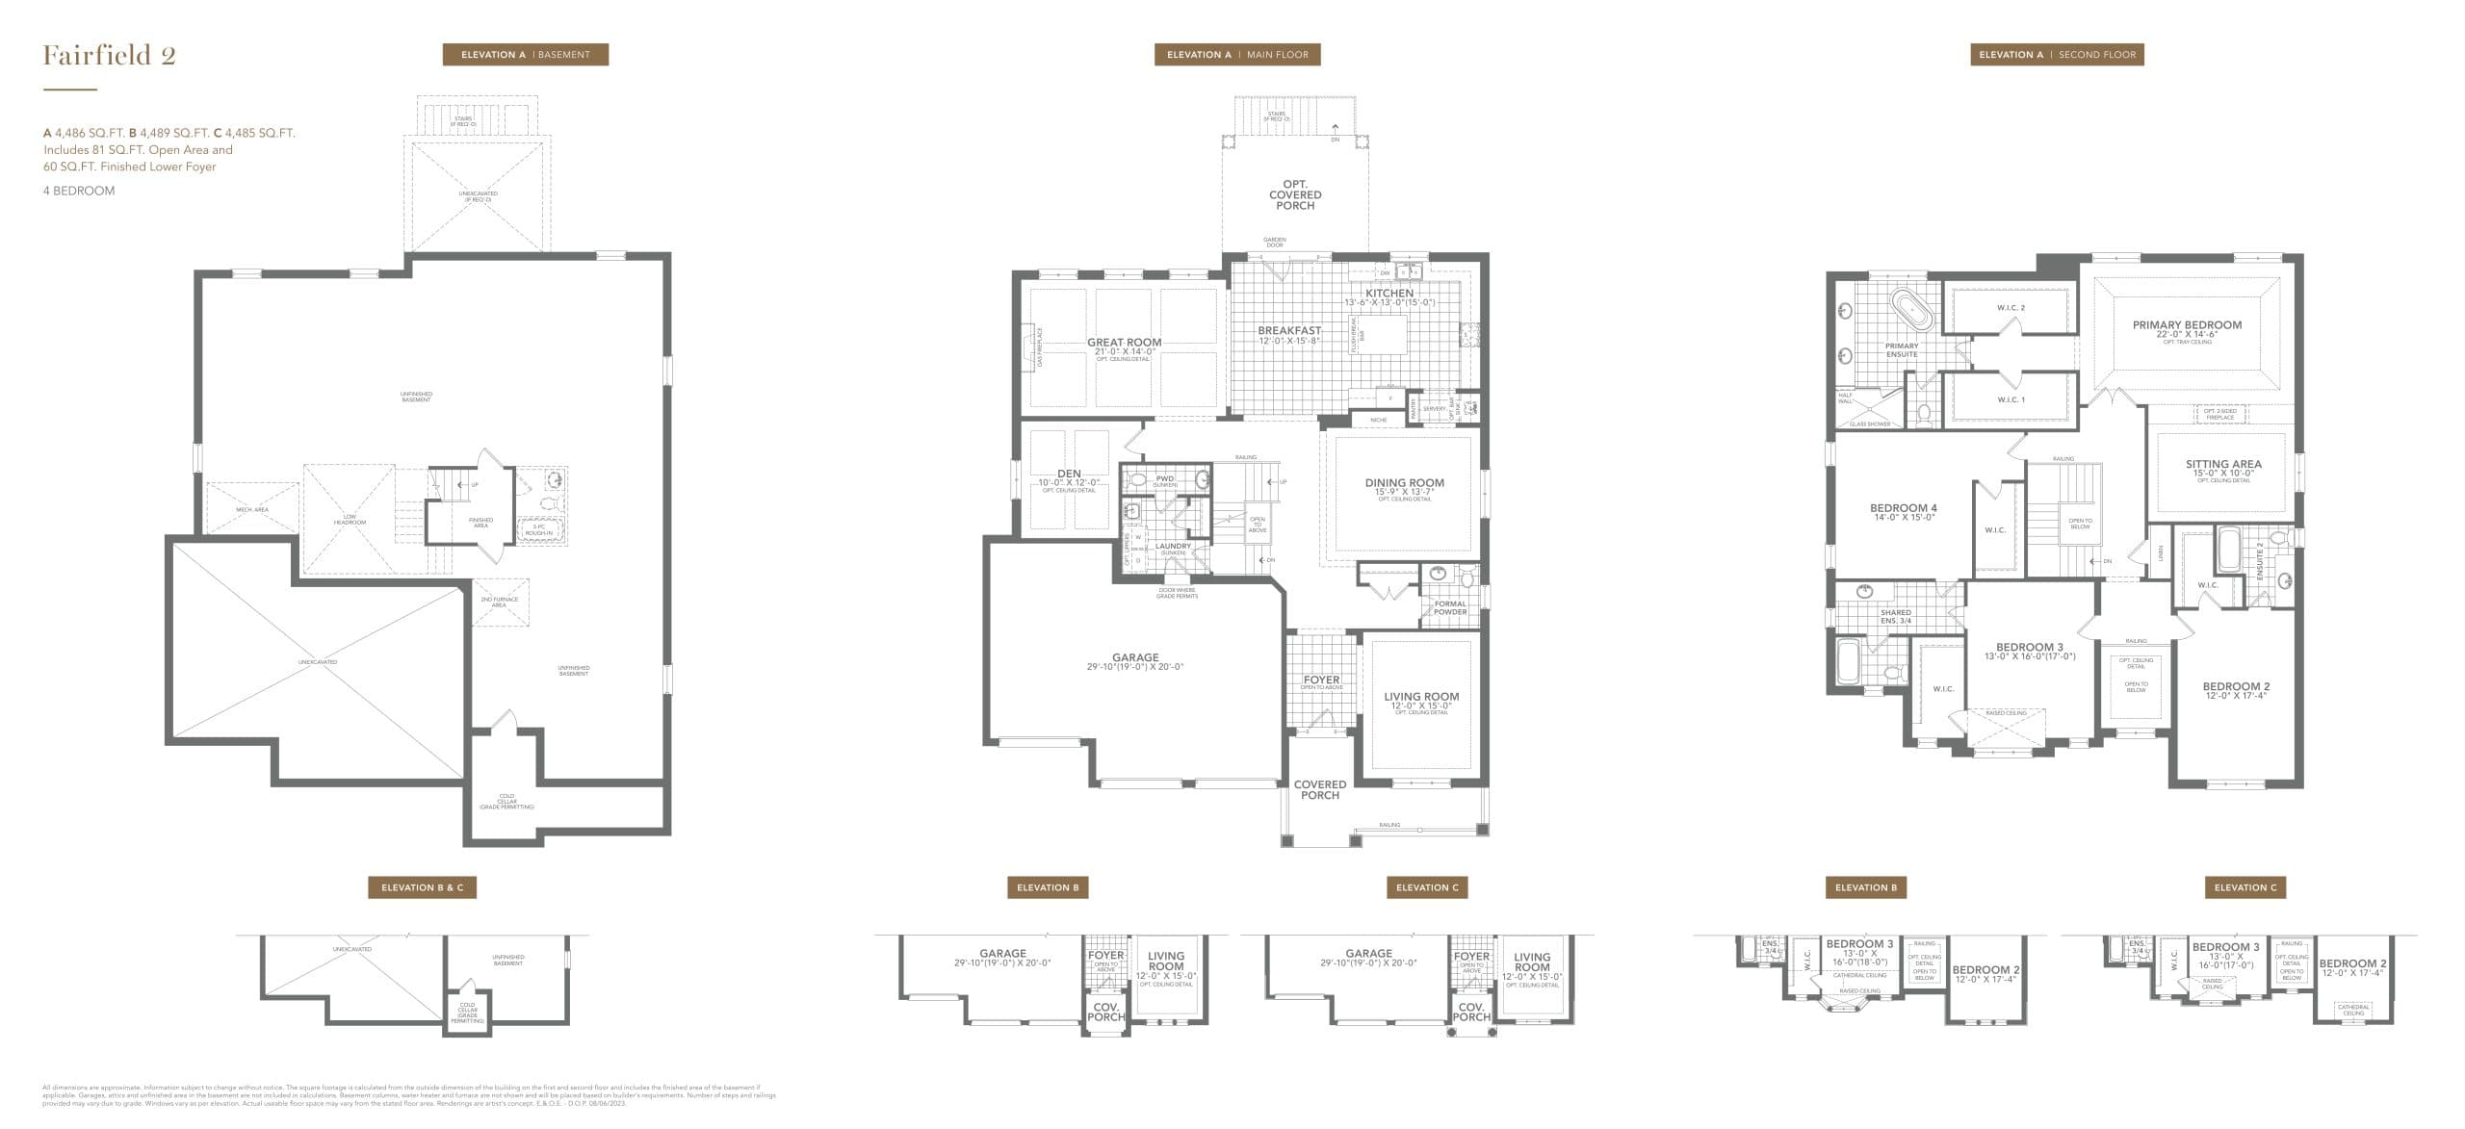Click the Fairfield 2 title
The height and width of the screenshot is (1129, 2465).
click(x=109, y=55)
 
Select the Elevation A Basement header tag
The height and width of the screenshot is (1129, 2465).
click(x=525, y=55)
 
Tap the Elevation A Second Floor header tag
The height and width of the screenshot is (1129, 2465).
click(x=2057, y=55)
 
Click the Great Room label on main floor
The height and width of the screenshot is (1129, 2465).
click(x=1124, y=343)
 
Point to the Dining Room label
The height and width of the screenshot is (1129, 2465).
click(x=1404, y=483)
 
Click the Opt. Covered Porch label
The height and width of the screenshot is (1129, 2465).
click(x=1295, y=194)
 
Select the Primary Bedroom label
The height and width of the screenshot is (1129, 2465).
click(x=2187, y=325)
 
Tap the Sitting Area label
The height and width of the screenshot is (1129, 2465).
click(x=2222, y=464)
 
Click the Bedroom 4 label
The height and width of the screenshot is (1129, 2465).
click(x=1903, y=508)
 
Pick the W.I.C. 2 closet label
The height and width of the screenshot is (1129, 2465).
click(x=2011, y=308)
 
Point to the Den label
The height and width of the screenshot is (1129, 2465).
click(x=1068, y=474)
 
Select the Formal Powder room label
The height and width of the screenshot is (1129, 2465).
click(x=1450, y=607)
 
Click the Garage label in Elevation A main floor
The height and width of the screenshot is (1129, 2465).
click(x=1135, y=658)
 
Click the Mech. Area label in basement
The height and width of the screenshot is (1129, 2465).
click(x=252, y=509)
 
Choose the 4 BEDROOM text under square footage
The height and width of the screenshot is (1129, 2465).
click(x=79, y=191)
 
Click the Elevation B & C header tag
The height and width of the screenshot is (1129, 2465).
click(x=422, y=887)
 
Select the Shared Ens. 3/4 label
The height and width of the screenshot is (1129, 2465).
click(x=1895, y=616)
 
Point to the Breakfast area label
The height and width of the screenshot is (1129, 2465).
click(x=1288, y=331)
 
